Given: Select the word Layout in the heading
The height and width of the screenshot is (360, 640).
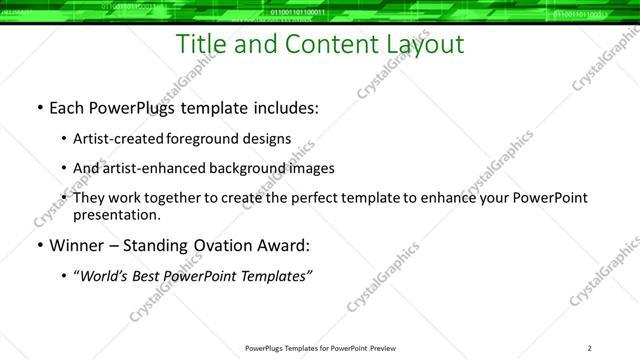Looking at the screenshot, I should [x=422, y=44].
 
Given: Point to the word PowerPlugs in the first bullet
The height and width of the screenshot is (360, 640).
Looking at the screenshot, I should [x=137, y=108].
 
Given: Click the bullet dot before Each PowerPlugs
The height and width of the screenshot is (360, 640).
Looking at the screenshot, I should [x=39, y=108].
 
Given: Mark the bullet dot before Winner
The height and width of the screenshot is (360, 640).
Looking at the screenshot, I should [x=39, y=245].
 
